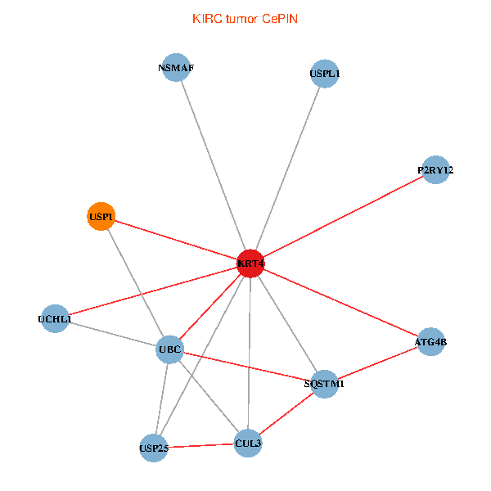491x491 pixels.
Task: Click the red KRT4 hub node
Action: pos(250,264)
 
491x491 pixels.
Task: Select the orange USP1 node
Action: pos(101,217)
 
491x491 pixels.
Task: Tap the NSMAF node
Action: pos(177,68)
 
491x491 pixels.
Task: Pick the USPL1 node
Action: pos(325,74)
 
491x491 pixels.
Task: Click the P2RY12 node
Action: pos(435,170)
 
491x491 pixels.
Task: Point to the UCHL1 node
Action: pos(55,319)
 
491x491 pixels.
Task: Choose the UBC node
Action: pos(169,350)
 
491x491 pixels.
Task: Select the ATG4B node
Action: pos(430,342)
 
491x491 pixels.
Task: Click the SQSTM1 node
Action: pos(325,383)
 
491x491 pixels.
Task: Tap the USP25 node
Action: pos(154,448)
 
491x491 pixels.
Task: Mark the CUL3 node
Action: pos(248,444)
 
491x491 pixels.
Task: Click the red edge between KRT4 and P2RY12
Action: pos(344,216)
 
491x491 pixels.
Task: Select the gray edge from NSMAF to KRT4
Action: pos(213,164)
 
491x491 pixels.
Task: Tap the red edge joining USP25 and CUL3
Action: pos(200,446)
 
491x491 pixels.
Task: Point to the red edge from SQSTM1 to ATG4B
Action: pos(378,363)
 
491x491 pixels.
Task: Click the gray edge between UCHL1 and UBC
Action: pos(112,335)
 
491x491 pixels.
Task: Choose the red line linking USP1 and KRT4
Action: pos(175,240)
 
